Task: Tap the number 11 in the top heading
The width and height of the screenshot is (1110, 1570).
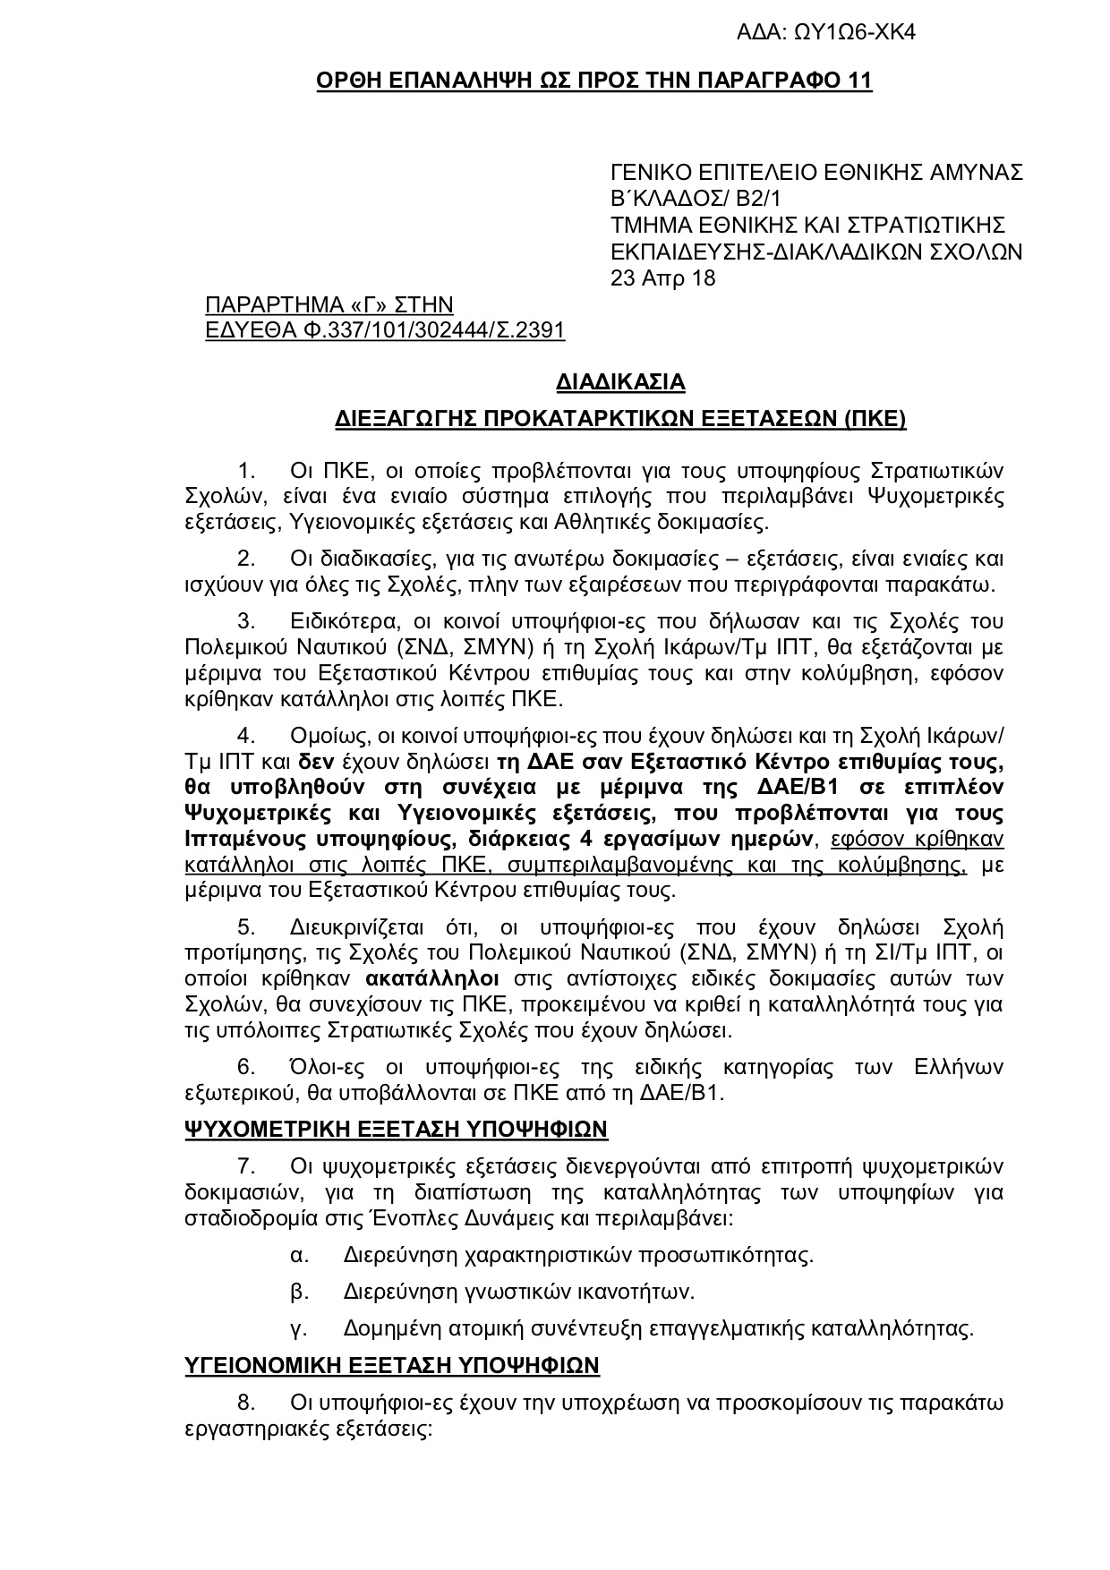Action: pos(858,81)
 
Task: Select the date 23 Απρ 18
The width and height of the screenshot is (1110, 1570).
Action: pos(662,278)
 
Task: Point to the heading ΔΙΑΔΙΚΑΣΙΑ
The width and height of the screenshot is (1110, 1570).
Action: pos(620,382)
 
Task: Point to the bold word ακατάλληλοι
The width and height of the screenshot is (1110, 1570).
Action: pos(432,977)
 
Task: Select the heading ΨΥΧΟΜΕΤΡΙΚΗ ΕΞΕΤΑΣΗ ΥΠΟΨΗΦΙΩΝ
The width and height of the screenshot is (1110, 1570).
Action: pos(396,1129)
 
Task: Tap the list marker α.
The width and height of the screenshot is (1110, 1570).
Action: pos(299,1255)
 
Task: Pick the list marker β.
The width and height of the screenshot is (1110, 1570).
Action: pos(299,1292)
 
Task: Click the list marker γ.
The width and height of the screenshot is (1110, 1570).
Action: pos(299,1328)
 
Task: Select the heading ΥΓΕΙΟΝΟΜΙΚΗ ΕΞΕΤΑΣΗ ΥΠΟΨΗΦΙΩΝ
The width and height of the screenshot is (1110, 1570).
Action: pos(391,1365)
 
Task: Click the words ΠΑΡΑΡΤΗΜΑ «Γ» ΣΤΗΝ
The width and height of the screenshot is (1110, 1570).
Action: pos(329,304)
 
